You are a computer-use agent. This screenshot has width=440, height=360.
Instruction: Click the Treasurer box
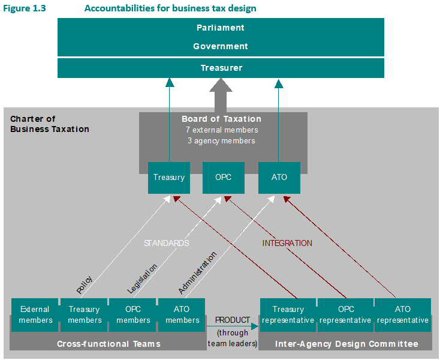pos(221,68)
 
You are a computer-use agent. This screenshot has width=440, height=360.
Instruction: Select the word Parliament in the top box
pos(221,28)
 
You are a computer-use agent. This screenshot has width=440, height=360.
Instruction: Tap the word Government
pos(221,46)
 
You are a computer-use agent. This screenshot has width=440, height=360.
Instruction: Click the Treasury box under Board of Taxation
pos(169,178)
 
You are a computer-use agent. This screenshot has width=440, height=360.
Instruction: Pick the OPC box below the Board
pos(223,178)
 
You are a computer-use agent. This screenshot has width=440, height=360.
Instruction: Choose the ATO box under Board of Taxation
pos(279,178)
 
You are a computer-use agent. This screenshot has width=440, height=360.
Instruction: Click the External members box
pos(35,315)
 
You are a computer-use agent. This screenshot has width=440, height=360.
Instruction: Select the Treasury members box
pos(84,315)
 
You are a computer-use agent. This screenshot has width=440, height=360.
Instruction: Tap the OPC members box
pos(133,315)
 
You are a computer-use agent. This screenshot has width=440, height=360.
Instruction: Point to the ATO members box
pos(182,315)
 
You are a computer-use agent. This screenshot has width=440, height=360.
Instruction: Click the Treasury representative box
pos(288,315)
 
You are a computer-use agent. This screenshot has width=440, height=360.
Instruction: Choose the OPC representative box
pos(346,315)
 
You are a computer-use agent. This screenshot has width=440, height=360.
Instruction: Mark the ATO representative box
pos(403,315)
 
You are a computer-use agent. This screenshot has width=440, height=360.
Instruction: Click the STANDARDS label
pos(166,243)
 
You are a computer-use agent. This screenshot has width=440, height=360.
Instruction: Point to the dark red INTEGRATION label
pos(287,243)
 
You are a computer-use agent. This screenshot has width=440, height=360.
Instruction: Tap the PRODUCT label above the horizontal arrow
pos(233,320)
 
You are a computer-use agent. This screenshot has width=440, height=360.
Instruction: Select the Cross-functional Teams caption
pos(109,344)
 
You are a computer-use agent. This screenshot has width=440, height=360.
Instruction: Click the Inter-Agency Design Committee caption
pos(346,344)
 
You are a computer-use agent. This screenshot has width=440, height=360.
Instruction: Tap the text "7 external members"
pos(222,130)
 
